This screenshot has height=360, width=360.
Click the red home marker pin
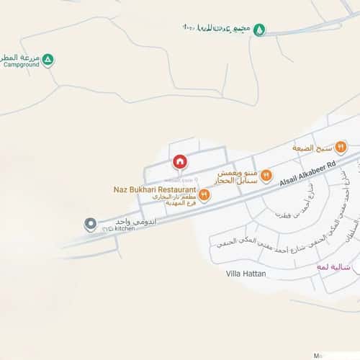pyautogui.click(x=180, y=161)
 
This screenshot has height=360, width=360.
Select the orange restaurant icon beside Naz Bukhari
pyautogui.click(x=204, y=194)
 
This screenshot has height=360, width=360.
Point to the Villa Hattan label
pyautogui.click(x=246, y=274)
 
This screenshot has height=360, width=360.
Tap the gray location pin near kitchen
pyautogui.click(x=90, y=224)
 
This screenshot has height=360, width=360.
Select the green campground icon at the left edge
pyautogui.click(x=48, y=60)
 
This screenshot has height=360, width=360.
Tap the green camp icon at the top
pyautogui.click(x=260, y=30)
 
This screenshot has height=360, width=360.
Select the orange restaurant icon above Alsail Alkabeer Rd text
pyautogui.click(x=266, y=175)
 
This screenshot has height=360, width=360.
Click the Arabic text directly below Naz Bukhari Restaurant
pyautogui.click(x=171, y=200)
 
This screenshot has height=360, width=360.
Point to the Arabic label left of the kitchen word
pyautogui.click(x=126, y=224)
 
